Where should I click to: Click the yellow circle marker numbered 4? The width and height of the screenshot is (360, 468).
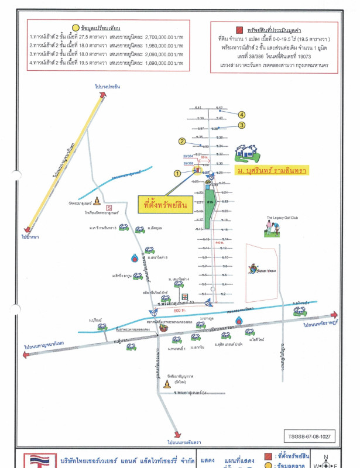[241, 115]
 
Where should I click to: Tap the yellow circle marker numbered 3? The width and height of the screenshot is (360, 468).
[241, 125]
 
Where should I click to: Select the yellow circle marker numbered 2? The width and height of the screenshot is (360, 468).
[183, 141]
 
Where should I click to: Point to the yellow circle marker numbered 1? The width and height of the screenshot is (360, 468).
[177, 173]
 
